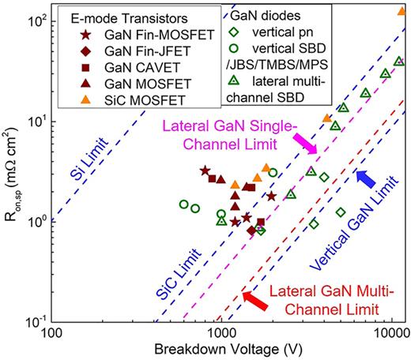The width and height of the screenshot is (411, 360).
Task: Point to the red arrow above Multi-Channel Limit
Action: (255, 300)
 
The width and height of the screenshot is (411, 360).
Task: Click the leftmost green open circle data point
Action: (184, 204)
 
